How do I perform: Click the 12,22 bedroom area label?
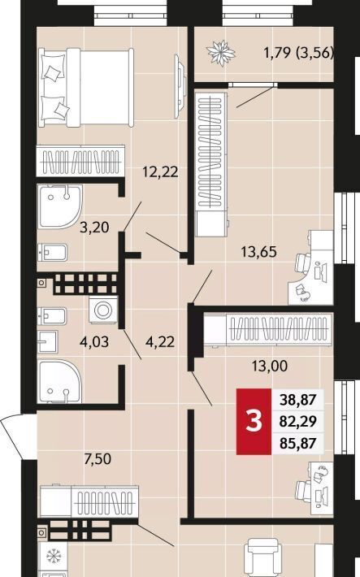pos(160,171)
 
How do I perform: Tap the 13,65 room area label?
pos(258,252)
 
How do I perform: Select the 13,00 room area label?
pos(270,366)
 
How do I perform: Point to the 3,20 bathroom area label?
pos(94,228)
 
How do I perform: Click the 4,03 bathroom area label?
pos(94,342)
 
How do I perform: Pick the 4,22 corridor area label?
pos(160,342)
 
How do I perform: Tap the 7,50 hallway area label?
pos(98,459)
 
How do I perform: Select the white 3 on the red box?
pos(254,421)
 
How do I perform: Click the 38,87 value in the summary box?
pos(297,399)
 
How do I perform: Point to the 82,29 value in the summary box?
pos(297,421)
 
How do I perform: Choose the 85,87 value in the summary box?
pos(297,443)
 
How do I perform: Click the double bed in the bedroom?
pos(86,88)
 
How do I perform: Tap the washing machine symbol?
pos(103,310)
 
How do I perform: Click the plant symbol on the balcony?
pos(221,53)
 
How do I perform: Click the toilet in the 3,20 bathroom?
pos(52,253)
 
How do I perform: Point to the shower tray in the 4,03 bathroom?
pos(60,382)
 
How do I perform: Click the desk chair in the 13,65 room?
pos(304,263)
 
